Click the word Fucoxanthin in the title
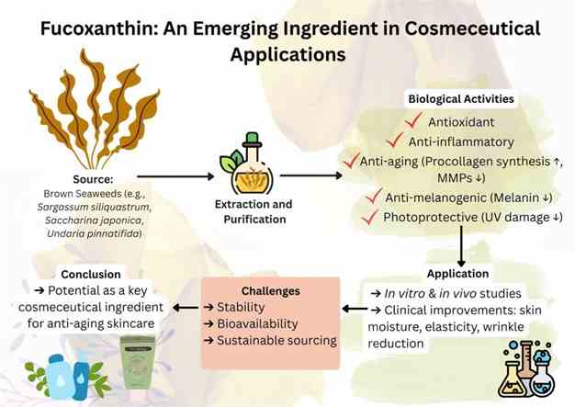(99, 28)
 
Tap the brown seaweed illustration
(95, 109)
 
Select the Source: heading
(93, 179)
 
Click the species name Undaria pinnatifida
(94, 233)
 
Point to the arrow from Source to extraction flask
(175, 176)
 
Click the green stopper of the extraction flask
(252, 139)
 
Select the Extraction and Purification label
(254, 211)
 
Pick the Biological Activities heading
(461, 99)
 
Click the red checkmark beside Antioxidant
(413, 120)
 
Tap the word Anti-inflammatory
(461, 141)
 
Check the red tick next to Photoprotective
(369, 217)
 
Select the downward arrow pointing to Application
(461, 246)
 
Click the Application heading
(457, 274)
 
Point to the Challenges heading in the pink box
(271, 290)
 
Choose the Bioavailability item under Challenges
(257, 323)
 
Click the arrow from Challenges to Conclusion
(186, 307)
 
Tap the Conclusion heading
(91, 275)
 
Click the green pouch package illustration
(139, 362)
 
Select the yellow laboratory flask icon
(512, 379)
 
